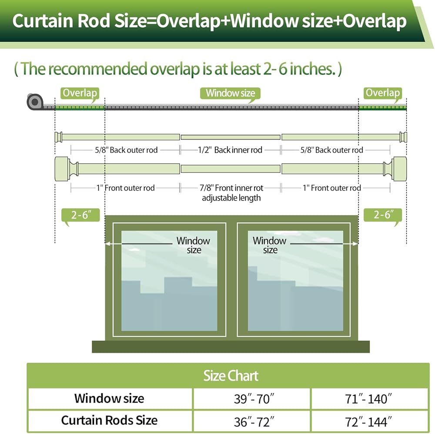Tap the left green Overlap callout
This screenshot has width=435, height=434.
coord(80,93)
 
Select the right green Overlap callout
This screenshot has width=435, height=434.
coord(382,93)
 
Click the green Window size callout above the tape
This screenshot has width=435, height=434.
coord(230,93)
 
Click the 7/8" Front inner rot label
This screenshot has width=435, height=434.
coord(231,188)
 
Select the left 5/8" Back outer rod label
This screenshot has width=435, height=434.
coord(126,150)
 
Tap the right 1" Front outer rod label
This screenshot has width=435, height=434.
coord(332,188)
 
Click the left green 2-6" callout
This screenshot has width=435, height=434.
coord(80,215)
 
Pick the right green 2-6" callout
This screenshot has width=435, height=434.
coord(382,215)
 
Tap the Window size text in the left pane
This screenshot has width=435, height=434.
coord(193,245)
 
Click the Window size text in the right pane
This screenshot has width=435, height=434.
coord(269,245)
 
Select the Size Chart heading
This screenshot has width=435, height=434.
coord(231,376)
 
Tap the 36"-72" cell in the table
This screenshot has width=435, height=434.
coord(252,421)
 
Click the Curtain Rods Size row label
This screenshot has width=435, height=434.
coord(109,421)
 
